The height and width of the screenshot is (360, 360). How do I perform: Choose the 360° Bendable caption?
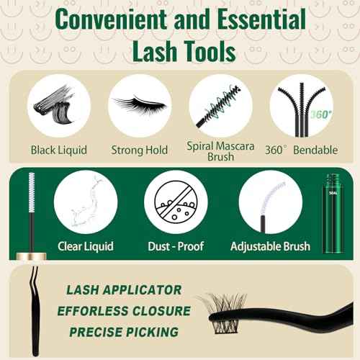coord(301,150)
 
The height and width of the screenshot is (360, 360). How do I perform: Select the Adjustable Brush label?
coord(270,246)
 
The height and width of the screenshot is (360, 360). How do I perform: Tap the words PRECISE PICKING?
coord(124,332)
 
